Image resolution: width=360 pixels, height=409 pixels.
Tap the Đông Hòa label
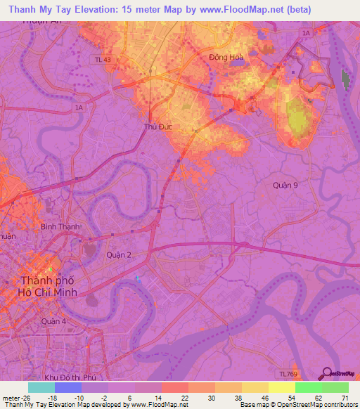(225, 58)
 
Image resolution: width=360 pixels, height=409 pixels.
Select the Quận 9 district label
(286, 185)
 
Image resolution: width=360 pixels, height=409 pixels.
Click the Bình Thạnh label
(60, 227)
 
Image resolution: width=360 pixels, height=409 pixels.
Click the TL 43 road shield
(102, 61)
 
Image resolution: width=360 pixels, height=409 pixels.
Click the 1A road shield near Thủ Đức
(79, 108)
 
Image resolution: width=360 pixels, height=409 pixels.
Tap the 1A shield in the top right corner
(305, 33)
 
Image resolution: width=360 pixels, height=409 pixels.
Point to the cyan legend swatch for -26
(41, 387)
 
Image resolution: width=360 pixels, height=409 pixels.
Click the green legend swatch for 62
(308, 387)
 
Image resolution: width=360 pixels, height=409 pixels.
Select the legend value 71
(344, 398)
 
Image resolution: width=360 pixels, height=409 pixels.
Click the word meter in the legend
(11, 398)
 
